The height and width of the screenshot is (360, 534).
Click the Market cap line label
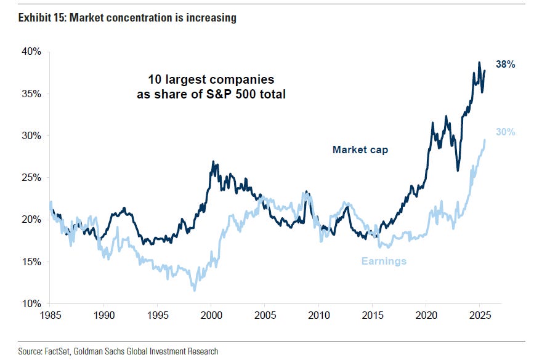point(360,150)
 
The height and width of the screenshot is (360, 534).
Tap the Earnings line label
point(384,261)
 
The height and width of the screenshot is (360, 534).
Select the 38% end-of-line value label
point(505,65)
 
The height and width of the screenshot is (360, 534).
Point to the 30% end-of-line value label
point(505,132)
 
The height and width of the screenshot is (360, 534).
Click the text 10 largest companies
point(211,81)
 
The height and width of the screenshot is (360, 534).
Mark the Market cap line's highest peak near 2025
point(479,62)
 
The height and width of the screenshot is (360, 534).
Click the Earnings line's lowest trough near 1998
point(194,290)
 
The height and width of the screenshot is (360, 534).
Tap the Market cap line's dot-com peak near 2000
point(213,162)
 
